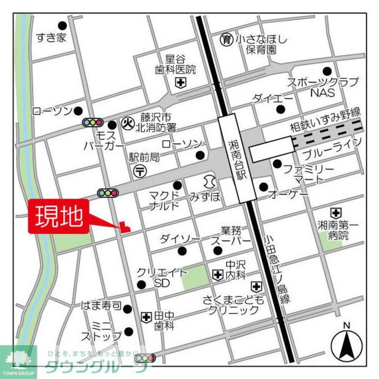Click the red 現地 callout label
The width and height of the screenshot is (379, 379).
coord(59,216)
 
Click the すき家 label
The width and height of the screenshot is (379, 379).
coord(51,38)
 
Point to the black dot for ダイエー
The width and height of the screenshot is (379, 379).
coord(280,110)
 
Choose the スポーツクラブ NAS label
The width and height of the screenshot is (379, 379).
coord(322,87)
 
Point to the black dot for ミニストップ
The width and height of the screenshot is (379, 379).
coord(129,331)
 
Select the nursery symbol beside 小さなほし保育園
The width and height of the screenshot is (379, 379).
coord(226,39)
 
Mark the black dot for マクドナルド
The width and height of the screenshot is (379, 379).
coord(177,185)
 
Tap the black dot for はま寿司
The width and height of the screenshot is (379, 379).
coord(128,309)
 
